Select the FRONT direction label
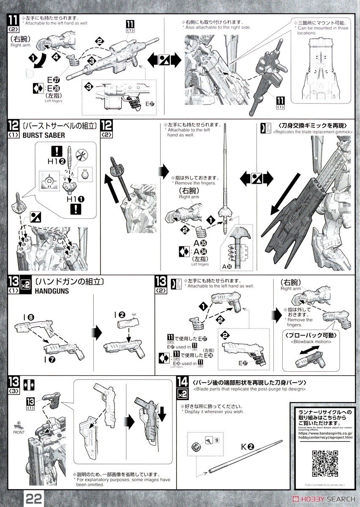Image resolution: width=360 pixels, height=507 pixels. click(x=19, y=431)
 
